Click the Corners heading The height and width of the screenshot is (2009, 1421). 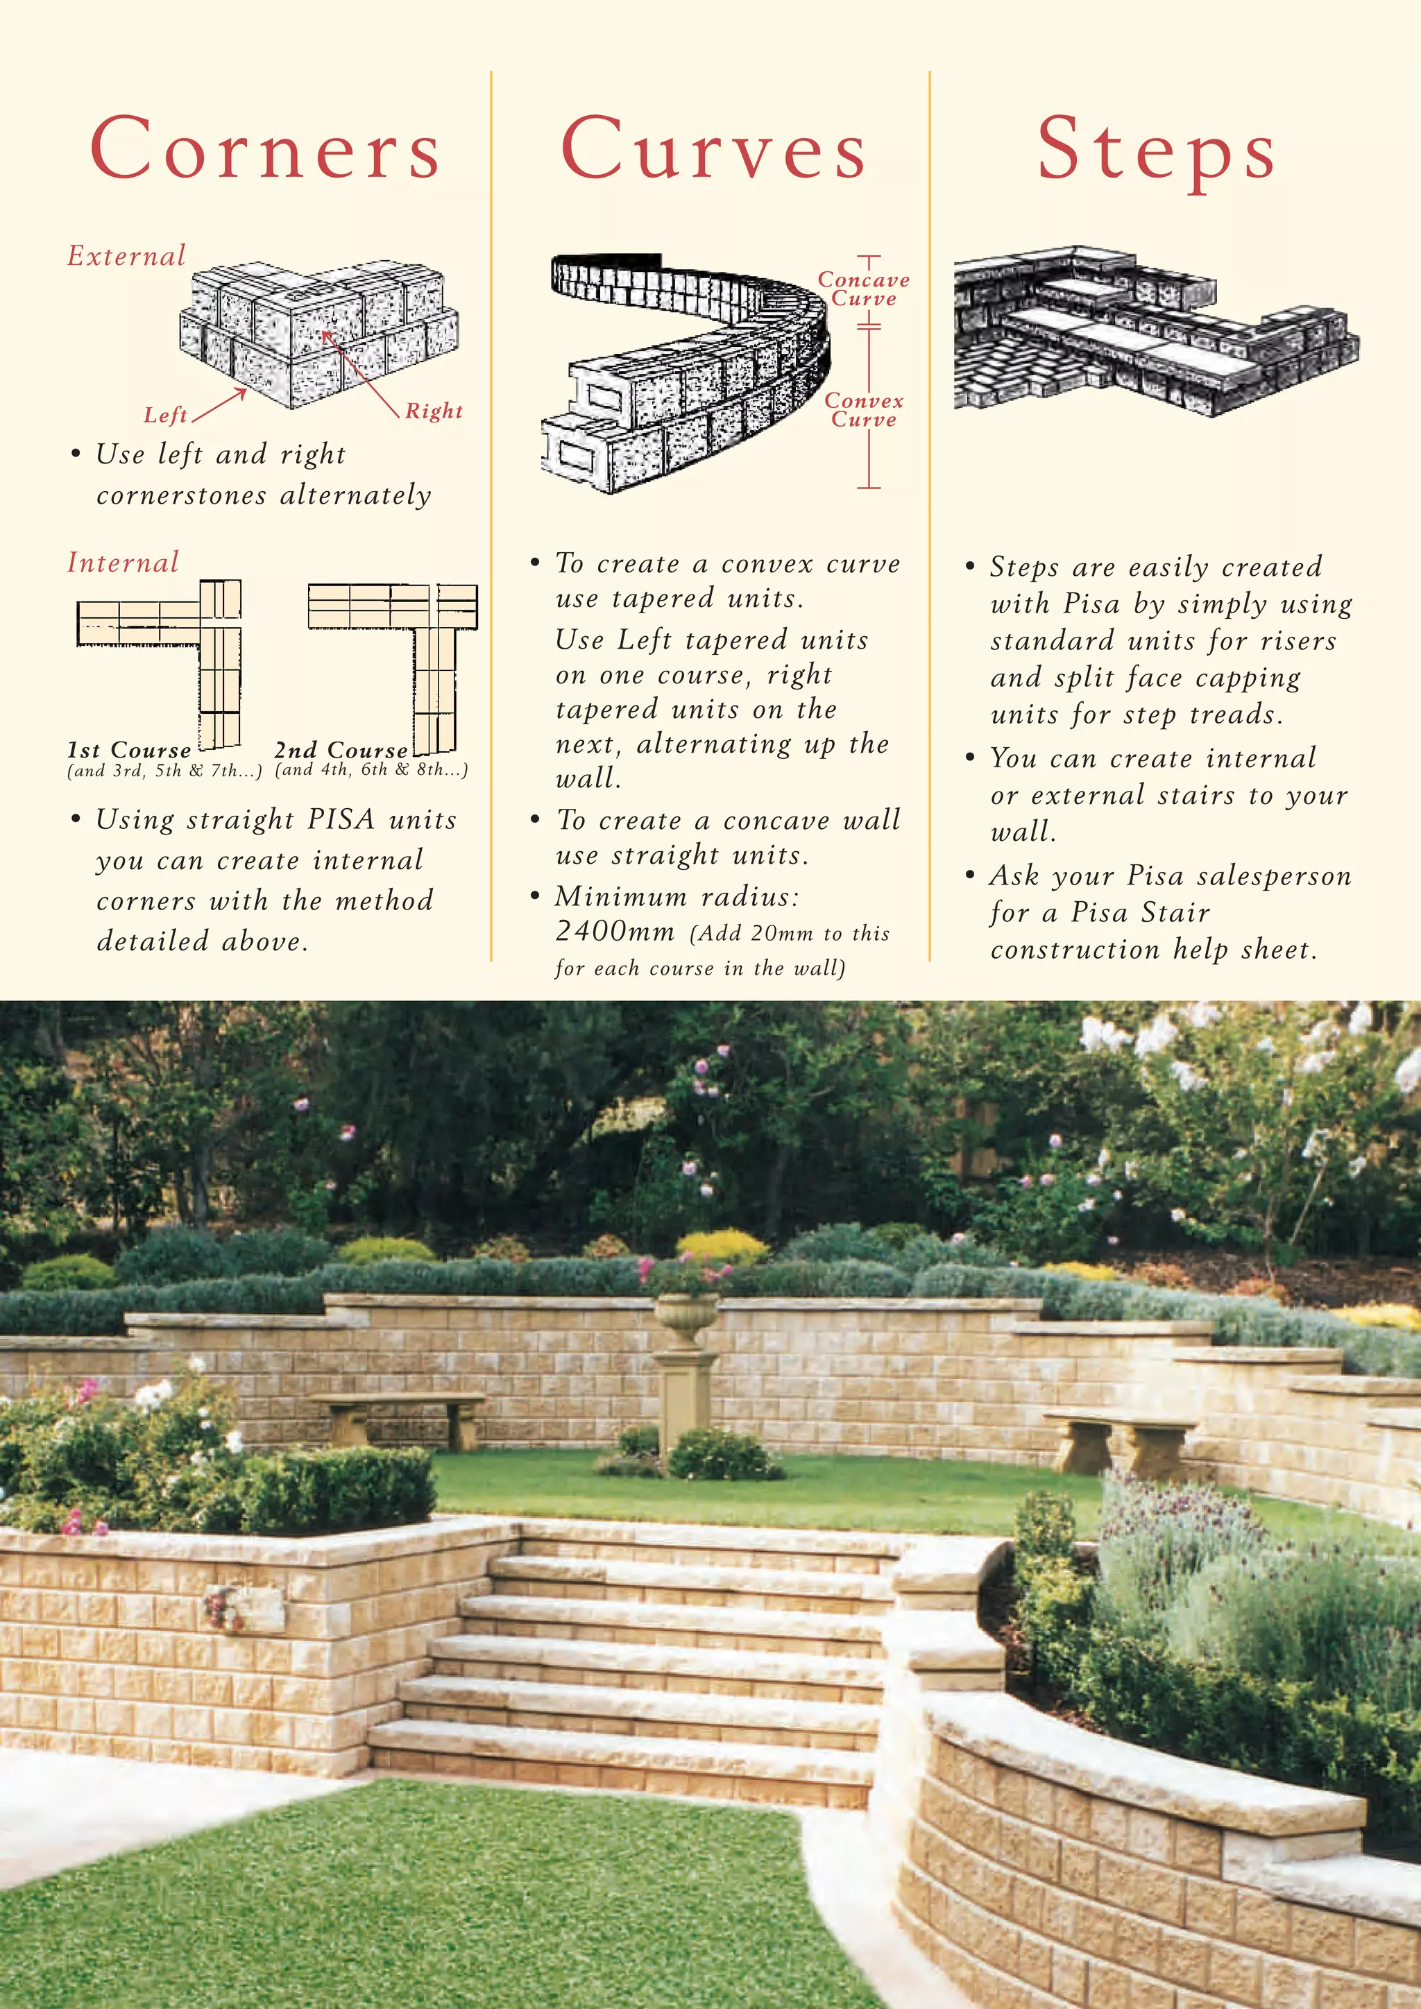point(265,148)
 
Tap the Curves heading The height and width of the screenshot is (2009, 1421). point(713,148)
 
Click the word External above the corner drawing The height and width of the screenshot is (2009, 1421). point(127,257)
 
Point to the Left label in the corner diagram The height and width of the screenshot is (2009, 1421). point(165,415)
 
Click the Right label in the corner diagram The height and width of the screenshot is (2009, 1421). point(433,411)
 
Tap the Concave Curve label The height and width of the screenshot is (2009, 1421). point(864,289)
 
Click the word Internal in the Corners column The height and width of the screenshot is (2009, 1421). point(124,563)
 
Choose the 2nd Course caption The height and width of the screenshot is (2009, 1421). point(341,751)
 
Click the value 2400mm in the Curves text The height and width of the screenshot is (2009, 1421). point(615,931)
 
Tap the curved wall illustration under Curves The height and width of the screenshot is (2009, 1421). point(687,372)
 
